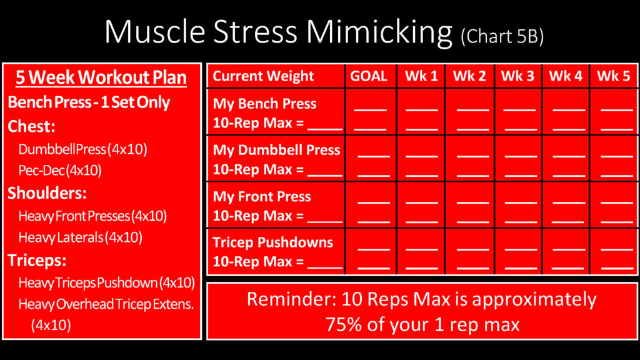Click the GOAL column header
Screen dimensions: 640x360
coord(369,76)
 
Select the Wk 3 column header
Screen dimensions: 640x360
coord(517,76)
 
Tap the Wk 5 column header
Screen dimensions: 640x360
coord(614,76)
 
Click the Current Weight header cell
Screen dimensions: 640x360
coord(263,76)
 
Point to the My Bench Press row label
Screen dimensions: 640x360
coord(264,104)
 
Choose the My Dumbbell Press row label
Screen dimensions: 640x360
coord(276,150)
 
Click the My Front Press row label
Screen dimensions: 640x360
coord(262,197)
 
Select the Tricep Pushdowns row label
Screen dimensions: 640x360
coord(272,242)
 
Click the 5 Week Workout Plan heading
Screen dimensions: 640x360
coord(101,77)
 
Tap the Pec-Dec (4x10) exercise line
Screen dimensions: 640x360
coord(60,170)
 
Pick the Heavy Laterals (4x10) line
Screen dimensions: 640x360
coord(81,237)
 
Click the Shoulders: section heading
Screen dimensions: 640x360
coord(47,193)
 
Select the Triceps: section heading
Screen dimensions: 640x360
coord(37,261)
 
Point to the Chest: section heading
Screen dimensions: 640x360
coord(31,126)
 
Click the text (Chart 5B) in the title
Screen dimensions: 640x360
coord(502,37)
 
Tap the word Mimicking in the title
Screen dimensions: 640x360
coord(379,32)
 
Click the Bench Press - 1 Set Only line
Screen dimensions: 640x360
coord(89,102)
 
